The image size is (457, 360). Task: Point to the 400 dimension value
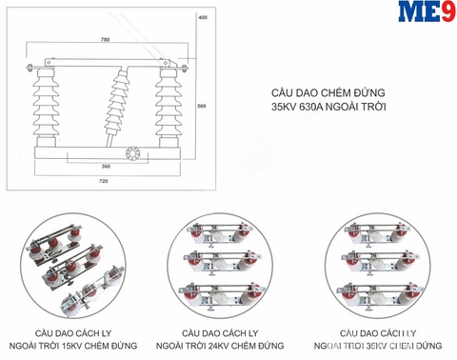click(x=201, y=18)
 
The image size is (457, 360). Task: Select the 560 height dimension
click(x=201, y=107)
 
